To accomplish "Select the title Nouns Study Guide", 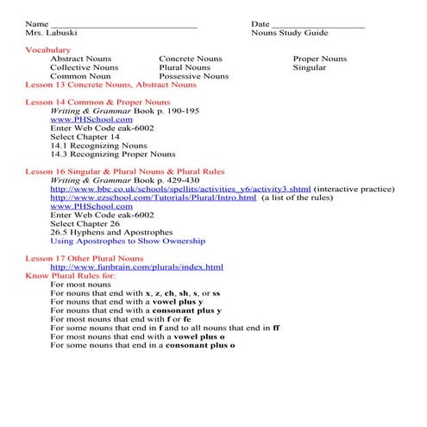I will click(x=290, y=33).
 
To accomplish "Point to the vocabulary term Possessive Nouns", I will click(x=194, y=76).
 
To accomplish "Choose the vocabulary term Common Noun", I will click(x=80, y=76).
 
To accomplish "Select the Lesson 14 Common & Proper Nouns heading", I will click(x=100, y=103).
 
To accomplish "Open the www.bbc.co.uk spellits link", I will click(x=180, y=189).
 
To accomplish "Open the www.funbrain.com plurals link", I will click(x=136, y=267).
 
